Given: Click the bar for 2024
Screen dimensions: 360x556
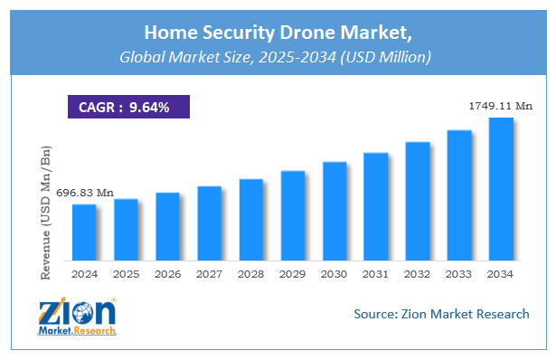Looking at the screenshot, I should pyautogui.click(x=84, y=232).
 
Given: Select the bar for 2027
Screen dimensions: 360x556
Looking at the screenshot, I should pyautogui.click(x=209, y=223).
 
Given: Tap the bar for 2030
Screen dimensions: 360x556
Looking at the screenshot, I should pyautogui.click(x=335, y=211).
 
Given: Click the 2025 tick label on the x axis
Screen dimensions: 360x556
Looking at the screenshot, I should pyautogui.click(x=127, y=273).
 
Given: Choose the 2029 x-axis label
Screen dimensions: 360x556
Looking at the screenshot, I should pyautogui.click(x=293, y=273).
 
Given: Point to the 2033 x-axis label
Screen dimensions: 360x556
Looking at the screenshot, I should pyautogui.click(x=459, y=273).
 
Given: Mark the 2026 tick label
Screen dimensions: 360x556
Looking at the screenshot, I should pyautogui.click(x=168, y=273).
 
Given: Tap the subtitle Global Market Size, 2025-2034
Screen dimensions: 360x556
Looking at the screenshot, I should pyautogui.click(x=278, y=56).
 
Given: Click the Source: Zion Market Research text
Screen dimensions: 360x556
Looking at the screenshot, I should pyautogui.click(x=440, y=314).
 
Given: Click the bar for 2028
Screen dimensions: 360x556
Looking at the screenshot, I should pyautogui.click(x=251, y=219).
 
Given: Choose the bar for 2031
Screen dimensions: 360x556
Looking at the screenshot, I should pyautogui.click(x=376, y=206).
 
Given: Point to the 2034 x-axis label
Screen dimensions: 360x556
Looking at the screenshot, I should pyautogui.click(x=501, y=273).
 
